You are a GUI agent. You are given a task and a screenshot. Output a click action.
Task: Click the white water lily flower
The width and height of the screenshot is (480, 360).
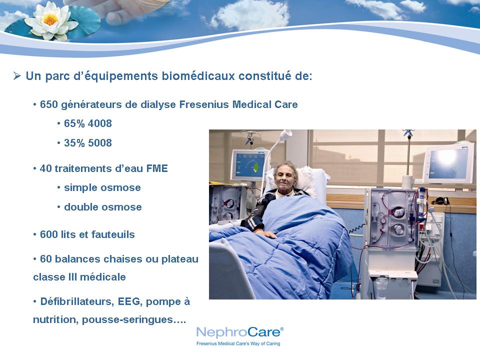pyautogui.click(x=51, y=21)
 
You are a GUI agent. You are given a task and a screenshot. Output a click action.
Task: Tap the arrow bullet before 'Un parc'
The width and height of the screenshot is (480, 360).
pyautogui.click(x=17, y=75)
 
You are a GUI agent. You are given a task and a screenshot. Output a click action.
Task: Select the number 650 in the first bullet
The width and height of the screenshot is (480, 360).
pyautogui.click(x=48, y=104)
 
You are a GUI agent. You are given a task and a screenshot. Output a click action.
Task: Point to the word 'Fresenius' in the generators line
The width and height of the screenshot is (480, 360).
pyautogui.click(x=204, y=104)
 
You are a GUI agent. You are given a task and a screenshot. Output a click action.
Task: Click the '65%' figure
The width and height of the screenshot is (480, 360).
pyautogui.click(x=74, y=123)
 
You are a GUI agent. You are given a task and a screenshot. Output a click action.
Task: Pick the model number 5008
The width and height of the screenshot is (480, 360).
pyautogui.click(x=100, y=143)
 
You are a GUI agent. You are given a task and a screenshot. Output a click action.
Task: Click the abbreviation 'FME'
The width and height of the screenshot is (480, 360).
pyautogui.click(x=157, y=168)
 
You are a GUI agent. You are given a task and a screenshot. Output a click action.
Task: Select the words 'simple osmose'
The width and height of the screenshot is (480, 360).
pyautogui.click(x=102, y=187)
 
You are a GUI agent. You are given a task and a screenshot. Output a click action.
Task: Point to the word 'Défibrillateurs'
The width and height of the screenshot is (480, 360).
pyautogui.click(x=77, y=301)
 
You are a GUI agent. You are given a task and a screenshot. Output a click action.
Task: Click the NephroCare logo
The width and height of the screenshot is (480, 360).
pyautogui.click(x=239, y=332)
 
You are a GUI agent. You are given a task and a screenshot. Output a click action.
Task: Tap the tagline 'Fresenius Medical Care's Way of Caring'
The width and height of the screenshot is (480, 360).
pyautogui.click(x=238, y=343)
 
